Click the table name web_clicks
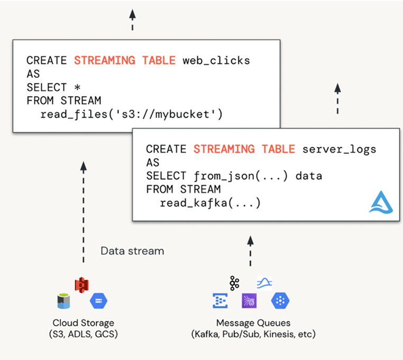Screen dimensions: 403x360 coord(216,61)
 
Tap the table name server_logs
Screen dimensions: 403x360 coord(339,150)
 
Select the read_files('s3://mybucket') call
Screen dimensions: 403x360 coord(131,114)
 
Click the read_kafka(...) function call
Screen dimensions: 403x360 coord(210,203)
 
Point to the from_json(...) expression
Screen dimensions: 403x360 coord(241,176)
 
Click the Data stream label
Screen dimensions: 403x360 coord(132,251)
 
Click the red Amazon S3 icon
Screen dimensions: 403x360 coord(82,285)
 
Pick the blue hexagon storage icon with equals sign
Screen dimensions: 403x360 coord(99,301)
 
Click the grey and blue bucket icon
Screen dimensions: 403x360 coord(64,301)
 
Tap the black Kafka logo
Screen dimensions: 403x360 coord(234,283)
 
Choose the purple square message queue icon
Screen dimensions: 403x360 coord(249,301)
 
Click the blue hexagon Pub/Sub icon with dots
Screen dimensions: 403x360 coord(280,301)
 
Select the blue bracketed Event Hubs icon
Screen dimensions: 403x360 coord(220,301)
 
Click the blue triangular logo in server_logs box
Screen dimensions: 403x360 coord(381,202)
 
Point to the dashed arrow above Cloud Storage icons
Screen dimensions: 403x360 coord(83,212)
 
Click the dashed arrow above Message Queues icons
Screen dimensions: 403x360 coord(250,251)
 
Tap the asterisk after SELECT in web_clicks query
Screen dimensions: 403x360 coord(77,87)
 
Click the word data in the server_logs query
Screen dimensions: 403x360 coord(309,176)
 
